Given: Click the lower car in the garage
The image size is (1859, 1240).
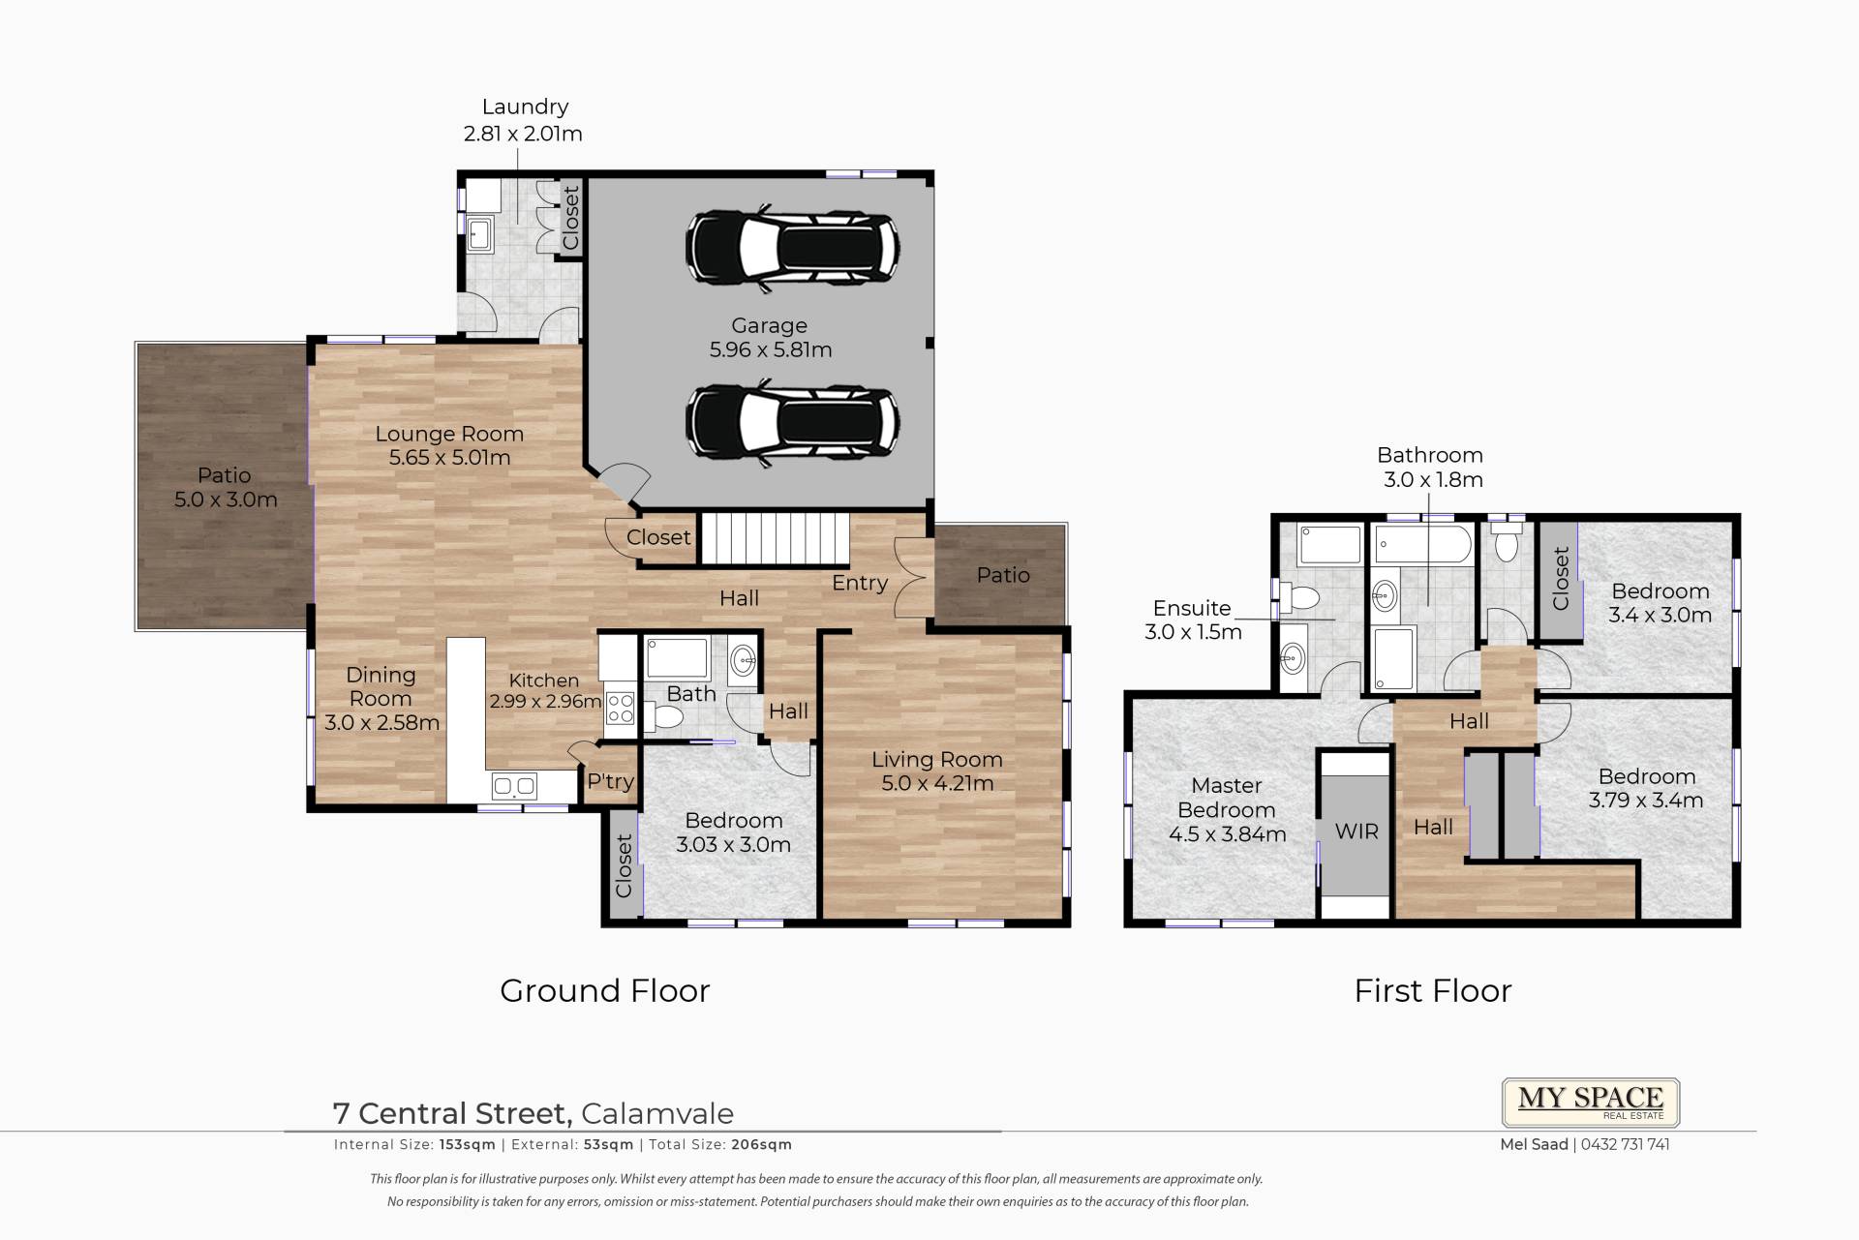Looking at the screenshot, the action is (792, 423).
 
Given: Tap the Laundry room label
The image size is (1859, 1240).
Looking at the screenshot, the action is (525, 107).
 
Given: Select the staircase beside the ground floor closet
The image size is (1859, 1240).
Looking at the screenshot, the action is (775, 539).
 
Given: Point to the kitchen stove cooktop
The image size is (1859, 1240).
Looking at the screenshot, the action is (620, 709).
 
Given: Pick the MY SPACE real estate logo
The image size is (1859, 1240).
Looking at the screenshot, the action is (1591, 1103).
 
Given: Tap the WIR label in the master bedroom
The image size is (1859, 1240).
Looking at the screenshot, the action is (1356, 832).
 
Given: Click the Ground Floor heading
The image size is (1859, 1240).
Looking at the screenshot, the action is (605, 990).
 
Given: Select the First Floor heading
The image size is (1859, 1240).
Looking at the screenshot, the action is (1433, 990).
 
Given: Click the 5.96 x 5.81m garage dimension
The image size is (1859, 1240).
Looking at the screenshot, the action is (771, 350).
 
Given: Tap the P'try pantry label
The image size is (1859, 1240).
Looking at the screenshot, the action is (611, 781).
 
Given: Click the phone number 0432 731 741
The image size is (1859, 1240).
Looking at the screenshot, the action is (1626, 1144).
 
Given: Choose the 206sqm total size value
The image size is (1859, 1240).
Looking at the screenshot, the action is (762, 1144).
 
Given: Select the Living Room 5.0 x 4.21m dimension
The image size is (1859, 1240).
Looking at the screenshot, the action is (937, 784).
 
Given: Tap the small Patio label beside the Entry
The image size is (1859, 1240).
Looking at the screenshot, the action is (1003, 575).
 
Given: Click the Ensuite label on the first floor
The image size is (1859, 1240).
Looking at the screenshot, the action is (1192, 608).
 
